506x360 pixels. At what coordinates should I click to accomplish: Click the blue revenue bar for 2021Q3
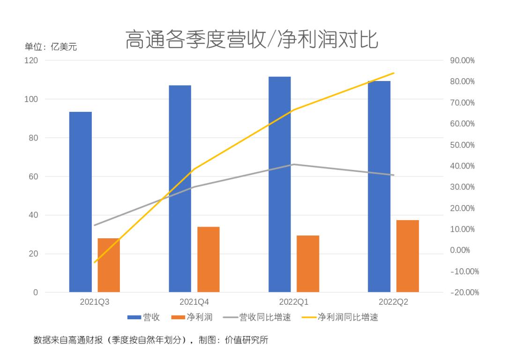click(81, 201)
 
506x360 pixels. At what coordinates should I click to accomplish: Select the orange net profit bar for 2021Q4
click(208, 259)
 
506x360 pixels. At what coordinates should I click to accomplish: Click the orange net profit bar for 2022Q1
click(308, 264)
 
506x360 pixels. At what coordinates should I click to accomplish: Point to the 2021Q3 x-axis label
click(95, 302)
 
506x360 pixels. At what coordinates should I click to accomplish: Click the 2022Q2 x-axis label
click(393, 302)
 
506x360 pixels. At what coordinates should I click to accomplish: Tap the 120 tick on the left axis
click(31, 60)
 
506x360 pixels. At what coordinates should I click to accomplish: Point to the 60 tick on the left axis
click(33, 176)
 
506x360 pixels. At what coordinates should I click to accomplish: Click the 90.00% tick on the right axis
click(462, 60)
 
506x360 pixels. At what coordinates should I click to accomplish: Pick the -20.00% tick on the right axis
click(464, 292)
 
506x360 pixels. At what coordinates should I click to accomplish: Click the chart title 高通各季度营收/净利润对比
click(252, 39)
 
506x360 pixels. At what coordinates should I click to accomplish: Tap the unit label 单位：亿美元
click(51, 47)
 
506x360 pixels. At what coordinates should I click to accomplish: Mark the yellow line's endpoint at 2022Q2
click(394, 73)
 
